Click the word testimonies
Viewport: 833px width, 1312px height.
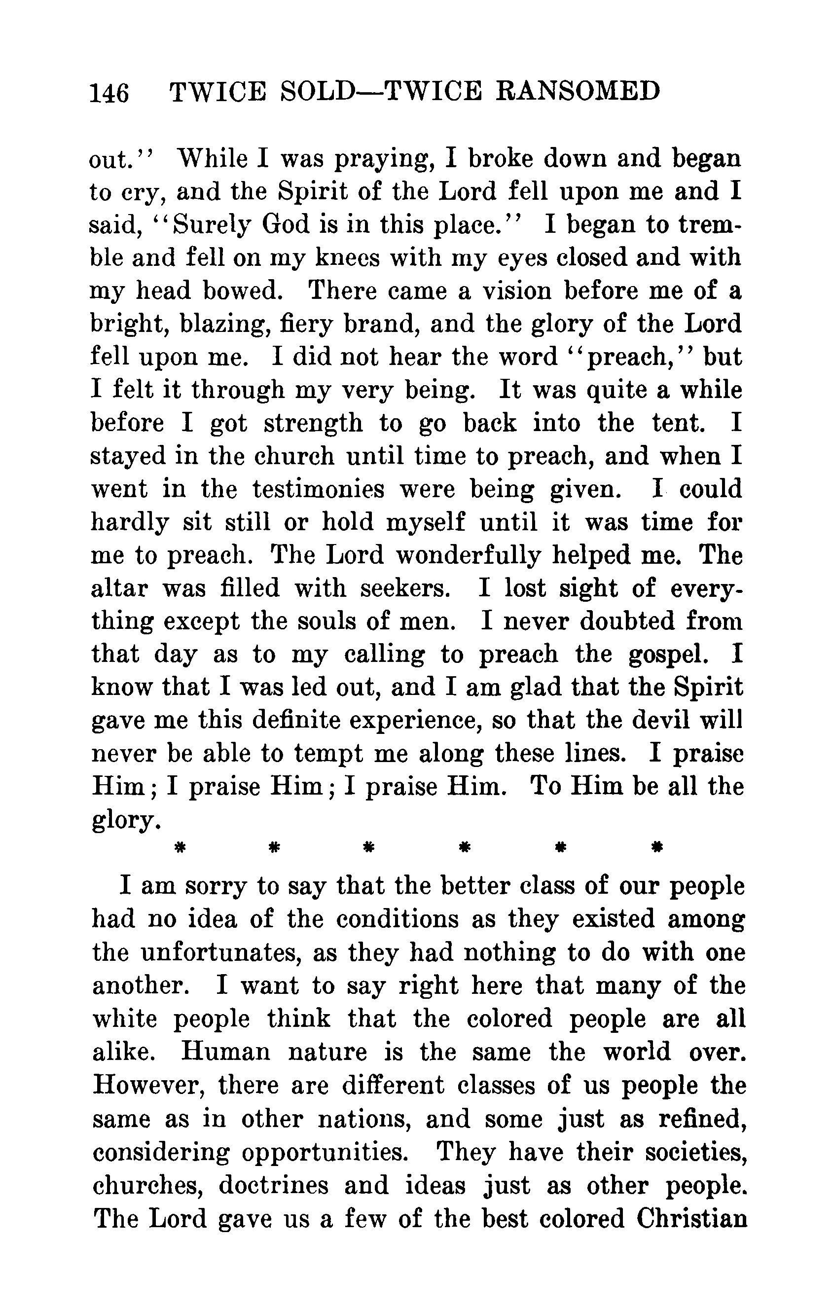[x=319, y=489]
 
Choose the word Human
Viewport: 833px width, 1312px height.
[x=225, y=1052]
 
